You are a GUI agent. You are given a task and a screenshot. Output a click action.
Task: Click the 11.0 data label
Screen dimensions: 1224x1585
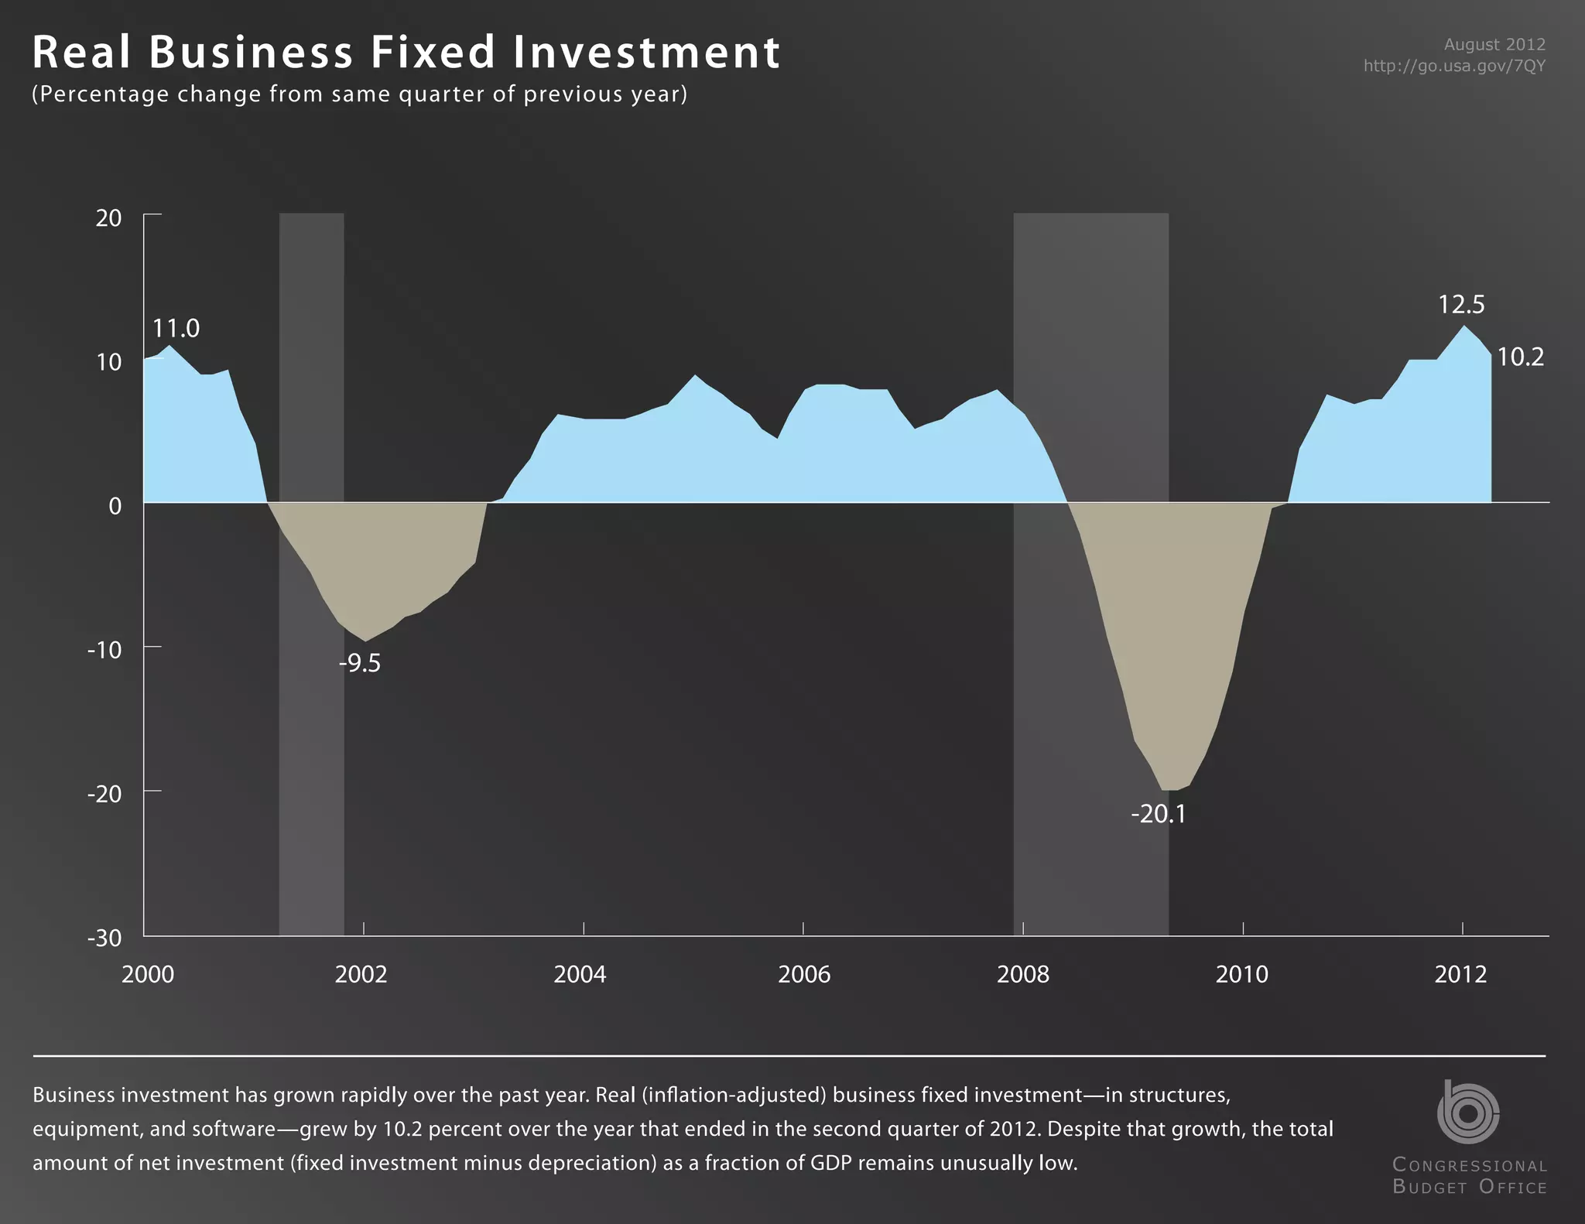pyautogui.click(x=176, y=329)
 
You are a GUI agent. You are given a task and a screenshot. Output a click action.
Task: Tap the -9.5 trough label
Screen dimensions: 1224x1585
pyautogui.click(x=360, y=664)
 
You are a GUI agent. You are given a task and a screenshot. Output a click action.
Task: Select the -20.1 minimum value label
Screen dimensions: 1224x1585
pyautogui.click(x=1158, y=815)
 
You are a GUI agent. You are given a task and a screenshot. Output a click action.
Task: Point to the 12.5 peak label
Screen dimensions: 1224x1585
pyautogui.click(x=1461, y=305)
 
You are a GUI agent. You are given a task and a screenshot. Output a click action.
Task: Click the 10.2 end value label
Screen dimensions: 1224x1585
pyautogui.click(x=1520, y=357)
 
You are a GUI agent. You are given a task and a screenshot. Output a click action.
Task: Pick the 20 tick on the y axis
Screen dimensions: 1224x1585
pyautogui.click(x=109, y=218)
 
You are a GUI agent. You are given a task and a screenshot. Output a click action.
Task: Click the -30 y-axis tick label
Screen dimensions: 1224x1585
pyautogui.click(x=105, y=939)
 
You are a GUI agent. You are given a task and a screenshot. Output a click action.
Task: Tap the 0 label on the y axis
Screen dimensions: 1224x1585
pyautogui.click(x=115, y=506)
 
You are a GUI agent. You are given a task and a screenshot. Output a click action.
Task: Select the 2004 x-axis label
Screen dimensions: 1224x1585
pyautogui.click(x=580, y=974)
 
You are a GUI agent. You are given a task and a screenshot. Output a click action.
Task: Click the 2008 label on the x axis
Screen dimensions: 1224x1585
pyautogui.click(x=1022, y=974)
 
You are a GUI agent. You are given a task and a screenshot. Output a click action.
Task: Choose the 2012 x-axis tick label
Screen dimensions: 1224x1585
pyautogui.click(x=1460, y=974)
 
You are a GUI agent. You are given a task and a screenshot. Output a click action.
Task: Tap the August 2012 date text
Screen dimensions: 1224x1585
pyautogui.click(x=1494, y=45)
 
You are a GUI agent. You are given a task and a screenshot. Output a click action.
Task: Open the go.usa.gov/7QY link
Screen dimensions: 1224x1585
pyautogui.click(x=1453, y=66)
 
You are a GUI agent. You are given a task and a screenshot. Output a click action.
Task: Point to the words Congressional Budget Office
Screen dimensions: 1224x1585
pyautogui.click(x=1469, y=1175)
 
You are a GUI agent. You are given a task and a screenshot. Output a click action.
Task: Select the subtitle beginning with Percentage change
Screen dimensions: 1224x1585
pyautogui.click(x=360, y=94)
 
